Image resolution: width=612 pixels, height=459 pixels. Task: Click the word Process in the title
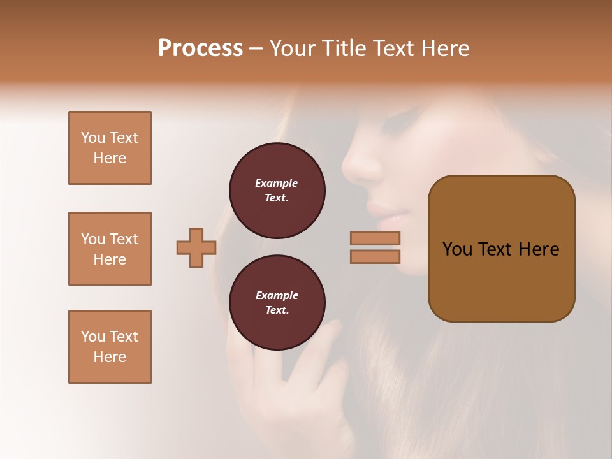pyautogui.click(x=200, y=48)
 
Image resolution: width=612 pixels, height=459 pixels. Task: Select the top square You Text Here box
pyautogui.click(x=110, y=148)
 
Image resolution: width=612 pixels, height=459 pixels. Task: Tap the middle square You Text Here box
pyautogui.click(x=110, y=249)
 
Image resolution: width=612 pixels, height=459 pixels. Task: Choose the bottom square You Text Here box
pyautogui.click(x=110, y=347)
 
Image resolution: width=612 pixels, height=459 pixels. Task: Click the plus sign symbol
pyautogui.click(x=196, y=247)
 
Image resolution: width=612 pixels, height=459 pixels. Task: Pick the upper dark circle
pyautogui.click(x=277, y=191)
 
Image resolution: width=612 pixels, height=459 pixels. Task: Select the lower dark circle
pyautogui.click(x=277, y=303)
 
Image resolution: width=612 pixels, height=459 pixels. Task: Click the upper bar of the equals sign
pyautogui.click(x=375, y=238)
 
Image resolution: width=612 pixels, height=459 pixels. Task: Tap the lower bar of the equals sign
pyautogui.click(x=375, y=257)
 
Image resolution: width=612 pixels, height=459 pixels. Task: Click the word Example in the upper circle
pyautogui.click(x=276, y=183)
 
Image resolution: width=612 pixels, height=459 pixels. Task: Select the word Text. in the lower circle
pyautogui.click(x=276, y=310)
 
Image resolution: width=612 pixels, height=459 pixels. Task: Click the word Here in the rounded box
pyautogui.click(x=539, y=249)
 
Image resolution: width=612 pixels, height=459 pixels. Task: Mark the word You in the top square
pyautogui.click(x=93, y=138)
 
